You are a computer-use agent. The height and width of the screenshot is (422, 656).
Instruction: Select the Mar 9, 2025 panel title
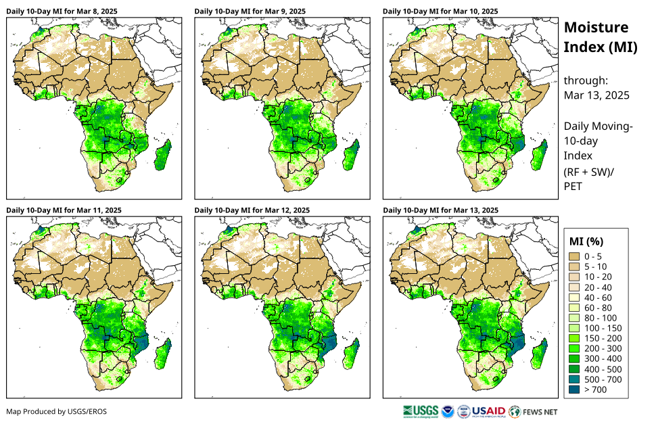(x=250, y=11)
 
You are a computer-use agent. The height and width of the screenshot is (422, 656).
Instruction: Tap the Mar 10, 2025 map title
(x=440, y=11)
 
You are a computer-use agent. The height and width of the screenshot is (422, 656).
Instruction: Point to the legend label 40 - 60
(x=597, y=298)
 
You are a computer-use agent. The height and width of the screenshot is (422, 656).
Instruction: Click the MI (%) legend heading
(x=586, y=241)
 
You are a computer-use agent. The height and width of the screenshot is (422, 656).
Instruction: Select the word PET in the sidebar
(x=573, y=186)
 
